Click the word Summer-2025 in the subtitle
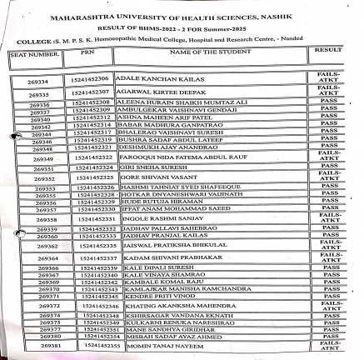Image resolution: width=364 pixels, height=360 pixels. (250, 27)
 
